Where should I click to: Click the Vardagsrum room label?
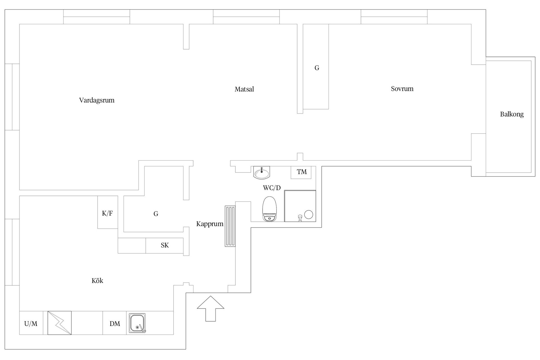pyautogui.click(x=97, y=100)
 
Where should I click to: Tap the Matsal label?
pyautogui.click(x=244, y=89)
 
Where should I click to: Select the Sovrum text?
pyautogui.click(x=402, y=89)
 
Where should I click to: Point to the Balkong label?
pyautogui.click(x=512, y=114)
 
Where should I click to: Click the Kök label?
pyautogui.click(x=97, y=281)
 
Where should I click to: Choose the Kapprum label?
pyautogui.click(x=210, y=224)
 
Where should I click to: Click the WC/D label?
pyautogui.click(x=272, y=188)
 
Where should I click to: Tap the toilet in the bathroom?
pyautogui.click(x=270, y=209)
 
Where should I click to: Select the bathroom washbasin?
pyautogui.click(x=262, y=172)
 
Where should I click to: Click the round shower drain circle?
pyautogui.click(x=309, y=215)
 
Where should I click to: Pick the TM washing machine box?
pyautogui.click(x=301, y=172)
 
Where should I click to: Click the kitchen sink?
pyautogui.click(x=137, y=323)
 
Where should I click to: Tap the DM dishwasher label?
pyautogui.click(x=115, y=324)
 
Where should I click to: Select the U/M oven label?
pyautogui.click(x=31, y=324)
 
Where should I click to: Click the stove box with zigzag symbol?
pyautogui.click(x=59, y=323)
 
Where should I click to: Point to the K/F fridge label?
pyautogui.click(x=107, y=213)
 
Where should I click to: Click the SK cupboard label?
pyautogui.click(x=165, y=245)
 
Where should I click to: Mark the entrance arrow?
pyautogui.click(x=210, y=309)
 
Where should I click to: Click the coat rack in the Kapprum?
pyautogui.click(x=230, y=226)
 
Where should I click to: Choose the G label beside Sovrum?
pyautogui.click(x=317, y=68)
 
